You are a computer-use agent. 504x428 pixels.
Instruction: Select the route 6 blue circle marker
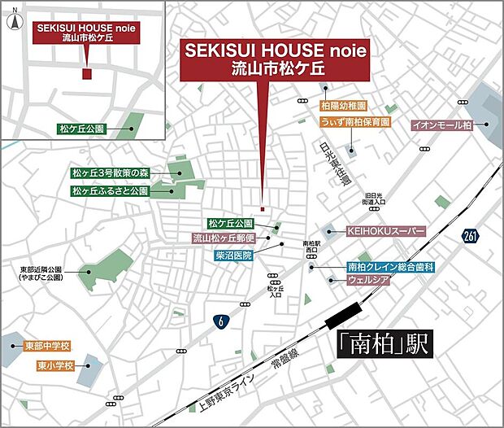220,321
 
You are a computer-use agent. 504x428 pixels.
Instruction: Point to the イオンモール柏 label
441,125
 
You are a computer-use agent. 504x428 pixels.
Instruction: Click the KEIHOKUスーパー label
386,231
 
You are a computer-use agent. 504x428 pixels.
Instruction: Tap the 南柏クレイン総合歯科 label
391,267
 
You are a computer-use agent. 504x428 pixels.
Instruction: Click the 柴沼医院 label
234,255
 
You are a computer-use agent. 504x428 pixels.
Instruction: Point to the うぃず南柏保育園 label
355,122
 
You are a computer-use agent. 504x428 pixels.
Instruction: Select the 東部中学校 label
48,346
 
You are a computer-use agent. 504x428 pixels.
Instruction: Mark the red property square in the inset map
87,74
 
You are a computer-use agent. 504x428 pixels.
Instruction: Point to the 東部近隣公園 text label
41,269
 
